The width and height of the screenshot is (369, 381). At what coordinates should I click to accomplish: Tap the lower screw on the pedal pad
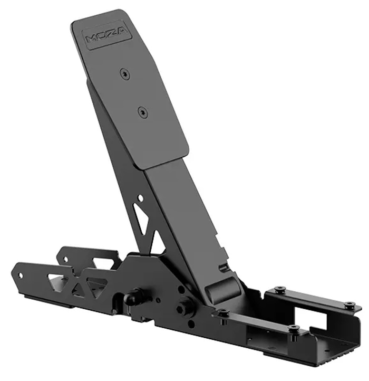point(143,112)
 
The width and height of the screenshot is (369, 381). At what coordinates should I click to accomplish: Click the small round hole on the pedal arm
point(140,197)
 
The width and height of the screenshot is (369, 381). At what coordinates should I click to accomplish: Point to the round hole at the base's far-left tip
point(21,275)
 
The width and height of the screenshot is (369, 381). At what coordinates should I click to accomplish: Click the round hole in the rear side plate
point(65,260)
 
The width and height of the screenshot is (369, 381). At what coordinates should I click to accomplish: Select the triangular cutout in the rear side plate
point(103,264)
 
